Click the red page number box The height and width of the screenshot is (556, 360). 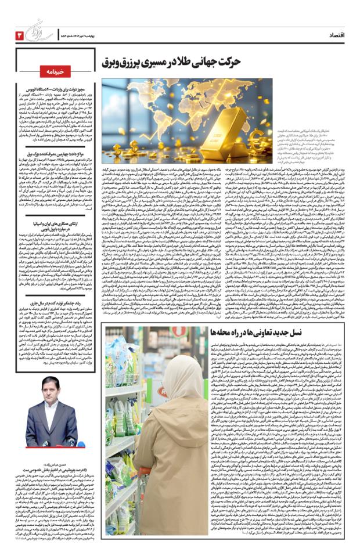(x=19, y=36)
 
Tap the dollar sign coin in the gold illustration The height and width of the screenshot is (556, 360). (x=262, y=107)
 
